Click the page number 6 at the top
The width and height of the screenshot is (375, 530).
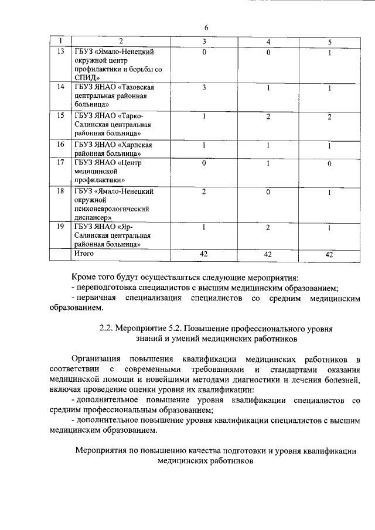click(206, 28)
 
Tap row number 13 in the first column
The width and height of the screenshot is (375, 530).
click(60, 52)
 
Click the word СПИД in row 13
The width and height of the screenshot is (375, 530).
click(84, 78)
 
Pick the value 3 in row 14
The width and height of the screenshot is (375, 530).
click(204, 88)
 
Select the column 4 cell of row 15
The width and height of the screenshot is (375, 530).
click(267, 117)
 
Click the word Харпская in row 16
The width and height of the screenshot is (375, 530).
click(139, 144)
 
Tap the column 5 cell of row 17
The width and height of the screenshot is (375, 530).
click(330, 163)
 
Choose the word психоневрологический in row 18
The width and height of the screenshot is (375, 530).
click(110, 208)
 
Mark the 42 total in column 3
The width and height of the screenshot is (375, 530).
click(204, 254)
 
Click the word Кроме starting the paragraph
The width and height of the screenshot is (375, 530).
click(83, 277)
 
